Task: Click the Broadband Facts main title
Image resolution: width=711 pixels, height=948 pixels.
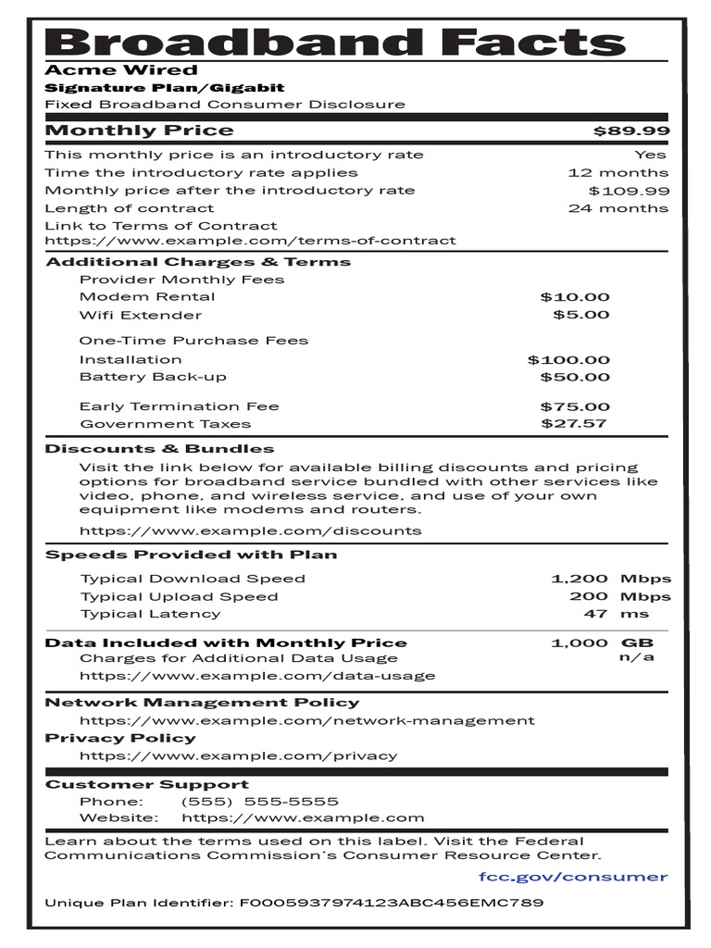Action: point(335,42)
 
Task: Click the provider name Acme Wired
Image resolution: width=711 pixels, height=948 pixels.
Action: point(121,70)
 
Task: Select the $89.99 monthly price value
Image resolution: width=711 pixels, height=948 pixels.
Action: point(631,131)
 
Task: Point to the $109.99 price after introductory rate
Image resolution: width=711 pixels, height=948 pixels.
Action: point(629,191)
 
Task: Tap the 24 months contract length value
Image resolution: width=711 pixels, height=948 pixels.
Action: point(617,208)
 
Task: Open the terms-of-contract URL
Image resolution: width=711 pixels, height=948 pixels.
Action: point(250,241)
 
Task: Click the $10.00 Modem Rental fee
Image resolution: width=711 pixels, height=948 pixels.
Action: point(575,297)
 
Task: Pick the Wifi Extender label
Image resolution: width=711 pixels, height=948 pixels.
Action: point(141,315)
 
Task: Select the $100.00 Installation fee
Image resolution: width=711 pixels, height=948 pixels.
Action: point(568,360)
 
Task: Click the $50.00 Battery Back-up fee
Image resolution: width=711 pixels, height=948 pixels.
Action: point(575,377)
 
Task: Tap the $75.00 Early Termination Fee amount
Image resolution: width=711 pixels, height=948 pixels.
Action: point(575,406)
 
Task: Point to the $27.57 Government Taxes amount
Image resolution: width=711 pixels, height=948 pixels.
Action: point(574,424)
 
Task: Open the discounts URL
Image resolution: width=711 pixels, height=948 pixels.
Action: point(250,531)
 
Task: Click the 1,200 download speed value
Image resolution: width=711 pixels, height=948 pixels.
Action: point(580,579)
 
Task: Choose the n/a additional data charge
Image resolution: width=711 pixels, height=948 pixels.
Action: point(636,657)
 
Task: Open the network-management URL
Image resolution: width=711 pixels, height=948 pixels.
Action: point(306,720)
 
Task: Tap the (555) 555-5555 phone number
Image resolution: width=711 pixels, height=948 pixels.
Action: point(259,802)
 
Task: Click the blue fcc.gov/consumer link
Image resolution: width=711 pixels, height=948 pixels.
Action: point(573,877)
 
